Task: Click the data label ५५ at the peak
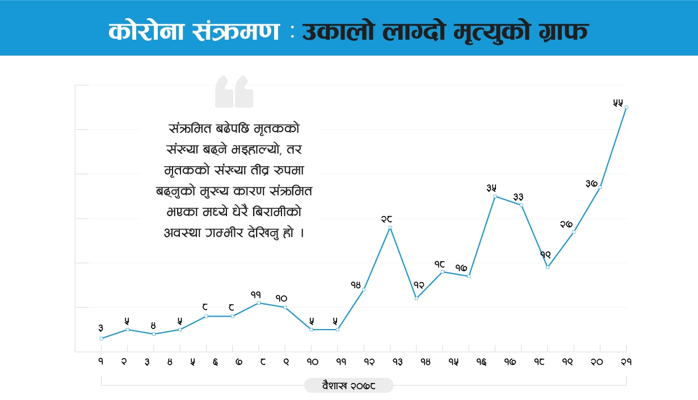[x=618, y=103]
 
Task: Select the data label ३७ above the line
[x=591, y=183]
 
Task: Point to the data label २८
[x=387, y=218]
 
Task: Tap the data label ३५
[x=491, y=188]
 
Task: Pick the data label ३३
[x=518, y=196]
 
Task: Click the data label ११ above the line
[x=255, y=294]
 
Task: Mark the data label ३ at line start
[x=100, y=328]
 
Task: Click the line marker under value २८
[x=390, y=228]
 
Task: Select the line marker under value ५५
[x=626, y=107]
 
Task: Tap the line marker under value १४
[x=364, y=289]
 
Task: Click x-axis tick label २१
[x=626, y=362]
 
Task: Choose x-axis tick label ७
[x=239, y=362]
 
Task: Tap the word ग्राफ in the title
[x=558, y=32]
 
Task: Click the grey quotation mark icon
[x=234, y=91]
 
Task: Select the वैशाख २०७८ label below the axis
[x=348, y=385]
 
